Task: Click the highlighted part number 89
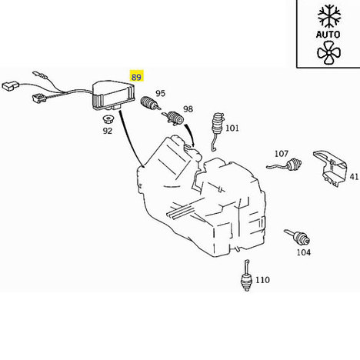tap(136, 76)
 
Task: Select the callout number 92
tap(108, 131)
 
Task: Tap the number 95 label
tap(161, 93)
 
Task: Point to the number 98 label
tap(188, 109)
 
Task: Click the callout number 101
tap(232, 128)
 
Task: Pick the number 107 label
tap(282, 154)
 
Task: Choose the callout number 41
tap(354, 176)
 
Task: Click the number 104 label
tap(304, 252)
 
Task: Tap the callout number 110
tap(263, 280)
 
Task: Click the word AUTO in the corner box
tap(328, 34)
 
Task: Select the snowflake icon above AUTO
tap(329, 16)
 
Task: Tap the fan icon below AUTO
tap(328, 53)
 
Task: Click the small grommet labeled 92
tap(108, 119)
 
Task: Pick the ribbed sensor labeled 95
tap(150, 103)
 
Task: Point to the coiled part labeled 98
tap(173, 118)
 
